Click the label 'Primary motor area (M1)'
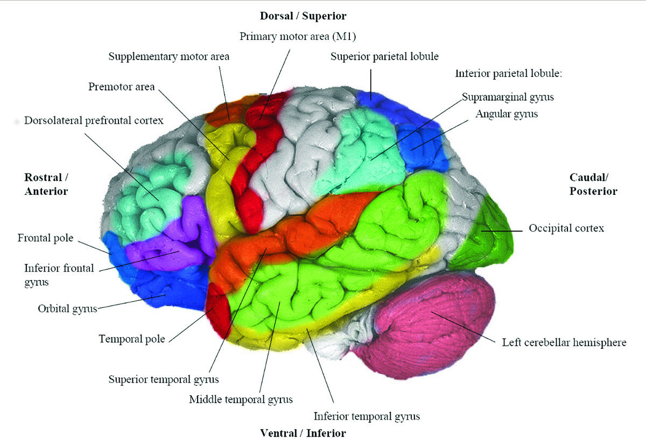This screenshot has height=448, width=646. coord(298,37)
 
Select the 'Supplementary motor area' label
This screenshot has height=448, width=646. coord(169,57)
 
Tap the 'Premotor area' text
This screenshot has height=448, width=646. coord(122,87)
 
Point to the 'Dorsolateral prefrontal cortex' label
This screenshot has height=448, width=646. coord(94,121)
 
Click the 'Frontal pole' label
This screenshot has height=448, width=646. coord(45,237)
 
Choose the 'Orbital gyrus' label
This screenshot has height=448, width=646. coord(67,309)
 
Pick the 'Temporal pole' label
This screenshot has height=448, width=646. coord(132,339)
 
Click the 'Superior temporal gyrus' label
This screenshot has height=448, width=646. coord(164,379)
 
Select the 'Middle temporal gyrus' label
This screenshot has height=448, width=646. coord(241,399)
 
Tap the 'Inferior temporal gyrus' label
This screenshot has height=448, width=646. coord(367,416)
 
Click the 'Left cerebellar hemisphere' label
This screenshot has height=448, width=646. coord(564,342)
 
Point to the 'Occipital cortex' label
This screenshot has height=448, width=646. coord(566,228)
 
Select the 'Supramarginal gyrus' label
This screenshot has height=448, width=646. coord(508,97)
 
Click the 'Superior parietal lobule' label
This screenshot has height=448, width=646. coord(385,56)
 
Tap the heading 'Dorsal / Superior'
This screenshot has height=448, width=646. coord(303,16)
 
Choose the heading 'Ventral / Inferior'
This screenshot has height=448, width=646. coord(303,433)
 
